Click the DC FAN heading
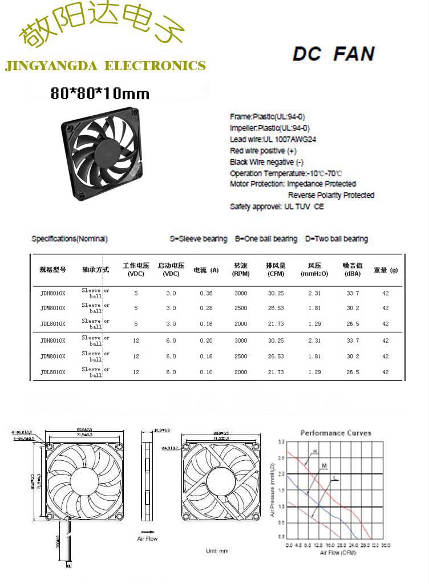333,54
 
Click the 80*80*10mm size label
100,93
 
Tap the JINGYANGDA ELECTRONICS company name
105,66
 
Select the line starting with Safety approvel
277,206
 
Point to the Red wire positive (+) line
263,151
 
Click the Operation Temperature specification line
286,173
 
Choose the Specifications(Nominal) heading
70,239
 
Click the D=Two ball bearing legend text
337,239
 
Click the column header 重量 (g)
386,270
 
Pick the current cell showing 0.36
206,293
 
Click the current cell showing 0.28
206,308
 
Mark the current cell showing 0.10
206,372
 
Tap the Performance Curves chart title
336,433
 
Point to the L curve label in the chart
334,477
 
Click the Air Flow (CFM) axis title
338,553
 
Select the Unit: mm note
217,551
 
